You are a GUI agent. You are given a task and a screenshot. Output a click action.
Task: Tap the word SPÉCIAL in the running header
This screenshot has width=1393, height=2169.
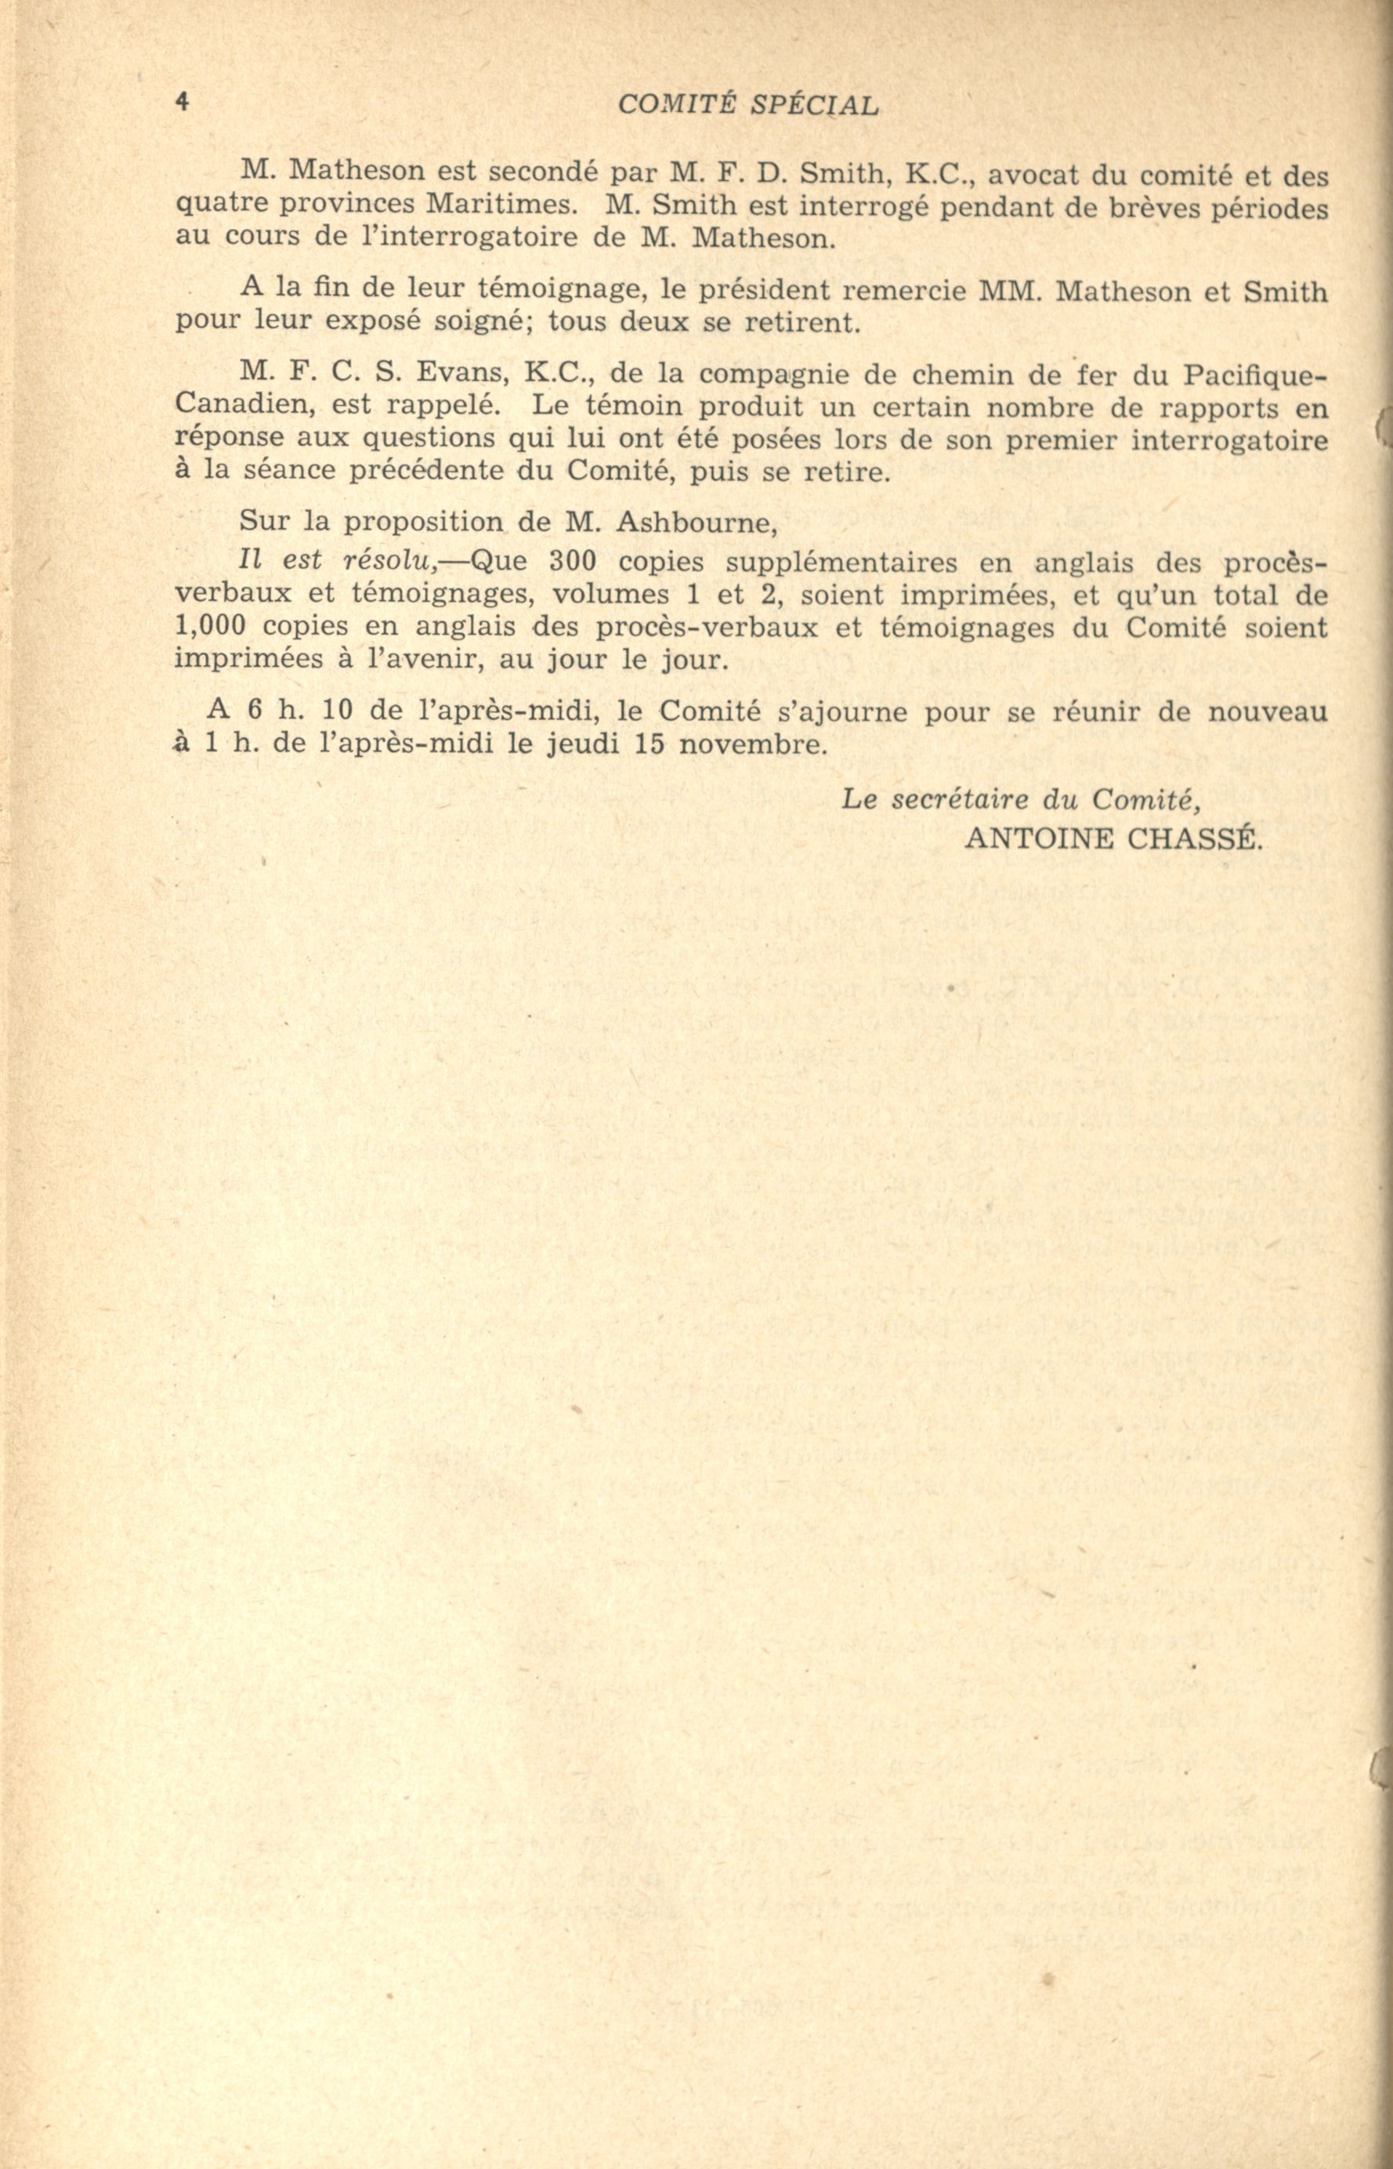[814, 106]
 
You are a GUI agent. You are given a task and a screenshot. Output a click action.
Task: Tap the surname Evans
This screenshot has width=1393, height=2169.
[463, 374]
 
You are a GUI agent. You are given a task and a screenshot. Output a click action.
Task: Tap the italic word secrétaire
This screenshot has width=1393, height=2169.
[961, 799]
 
